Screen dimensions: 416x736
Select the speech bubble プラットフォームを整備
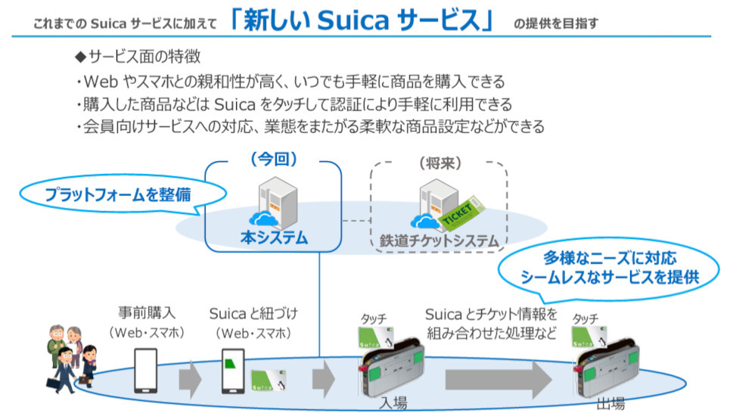tap(117, 194)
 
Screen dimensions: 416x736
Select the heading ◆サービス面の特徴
tap(137, 57)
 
